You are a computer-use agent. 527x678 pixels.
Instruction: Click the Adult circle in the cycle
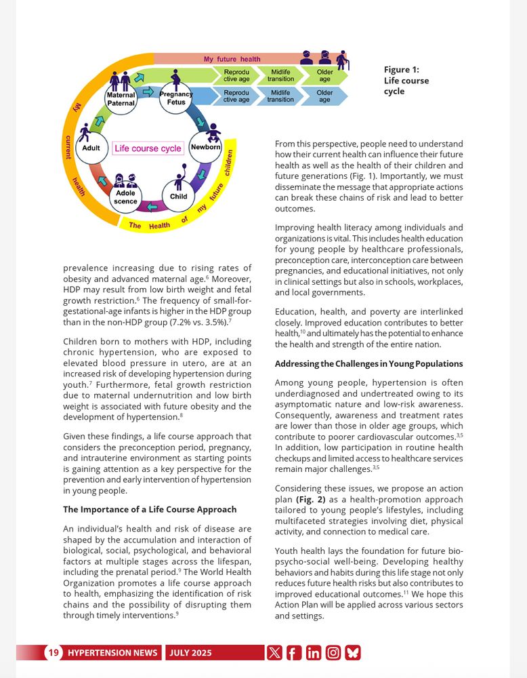click(x=91, y=148)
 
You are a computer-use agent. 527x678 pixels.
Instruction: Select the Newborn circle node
click(x=205, y=147)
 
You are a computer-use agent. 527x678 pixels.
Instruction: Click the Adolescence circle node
click(x=125, y=197)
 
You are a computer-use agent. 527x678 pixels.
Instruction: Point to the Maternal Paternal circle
click(x=121, y=99)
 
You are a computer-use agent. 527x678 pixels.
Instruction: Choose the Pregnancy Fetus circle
click(x=177, y=99)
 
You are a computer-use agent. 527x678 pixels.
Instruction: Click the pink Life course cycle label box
click(x=148, y=148)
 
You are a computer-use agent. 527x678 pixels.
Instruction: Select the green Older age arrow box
click(x=325, y=75)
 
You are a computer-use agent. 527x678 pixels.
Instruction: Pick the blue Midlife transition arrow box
click(x=280, y=96)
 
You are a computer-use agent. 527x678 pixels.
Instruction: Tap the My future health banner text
click(x=232, y=59)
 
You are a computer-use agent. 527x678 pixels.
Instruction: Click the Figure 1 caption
click(x=406, y=80)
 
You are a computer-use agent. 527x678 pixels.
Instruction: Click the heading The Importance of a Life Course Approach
click(x=150, y=509)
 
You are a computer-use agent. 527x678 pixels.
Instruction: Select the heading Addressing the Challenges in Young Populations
click(x=368, y=364)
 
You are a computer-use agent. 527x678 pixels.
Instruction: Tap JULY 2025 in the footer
click(x=190, y=653)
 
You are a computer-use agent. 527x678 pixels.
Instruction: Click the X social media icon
click(x=274, y=653)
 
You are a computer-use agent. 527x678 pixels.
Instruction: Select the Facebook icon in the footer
click(x=294, y=653)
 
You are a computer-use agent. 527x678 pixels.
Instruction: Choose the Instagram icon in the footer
click(x=333, y=653)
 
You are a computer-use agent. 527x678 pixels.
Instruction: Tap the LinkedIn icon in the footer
click(x=314, y=653)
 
